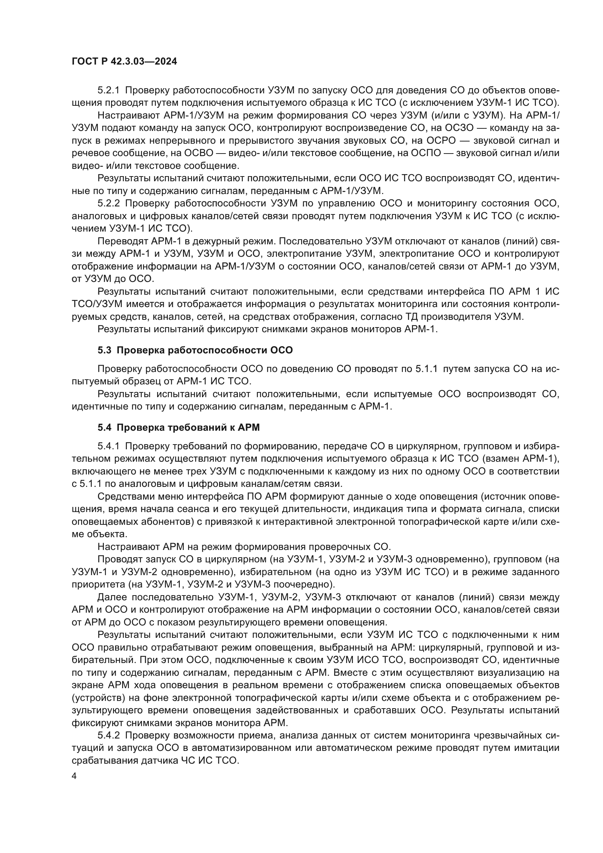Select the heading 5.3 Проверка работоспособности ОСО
[195, 350]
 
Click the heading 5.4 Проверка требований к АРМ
[179, 428]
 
